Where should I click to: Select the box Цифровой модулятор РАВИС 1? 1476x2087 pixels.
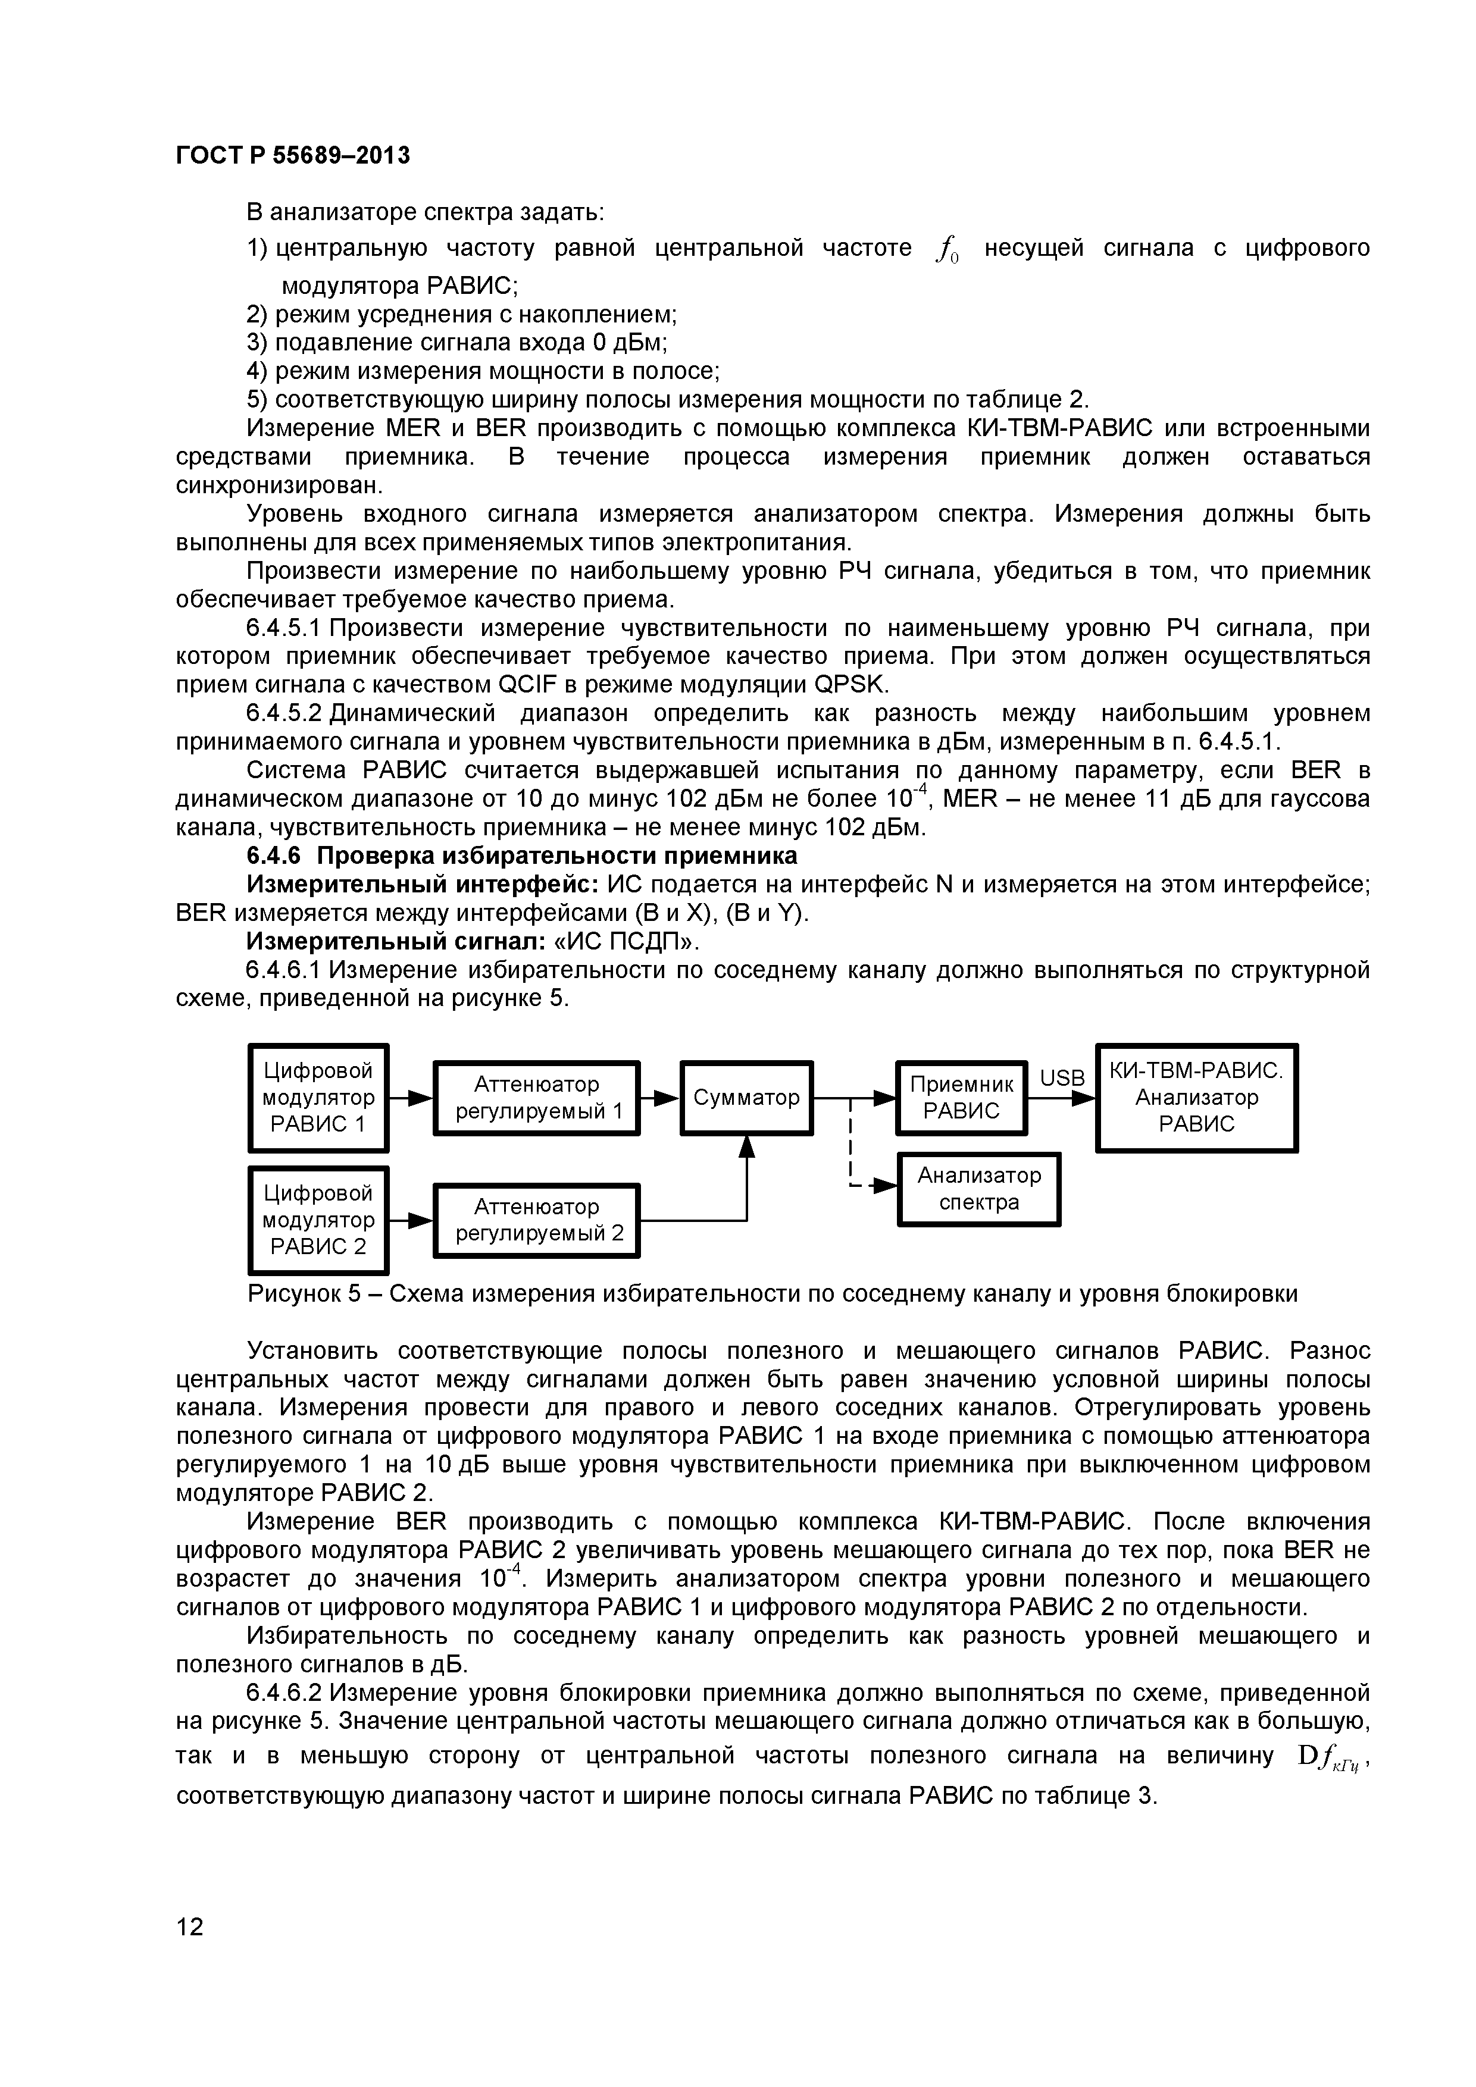pyautogui.click(x=318, y=1097)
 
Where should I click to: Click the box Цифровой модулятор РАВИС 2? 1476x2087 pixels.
pyautogui.click(x=318, y=1220)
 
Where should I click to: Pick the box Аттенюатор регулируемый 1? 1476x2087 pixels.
pyautogui.click(x=537, y=1097)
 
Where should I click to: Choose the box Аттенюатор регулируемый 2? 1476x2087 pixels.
pyautogui.click(x=537, y=1220)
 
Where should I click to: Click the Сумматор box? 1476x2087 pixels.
pyautogui.click(x=746, y=1097)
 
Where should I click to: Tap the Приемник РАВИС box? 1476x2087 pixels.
pyautogui.click(x=961, y=1097)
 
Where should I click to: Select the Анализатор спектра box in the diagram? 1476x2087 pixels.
pyautogui.click(x=978, y=1189)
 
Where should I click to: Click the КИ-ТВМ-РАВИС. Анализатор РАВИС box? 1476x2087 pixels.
pyautogui.click(x=1196, y=1097)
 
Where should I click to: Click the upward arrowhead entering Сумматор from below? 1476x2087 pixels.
pyautogui.click(x=747, y=1146)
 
